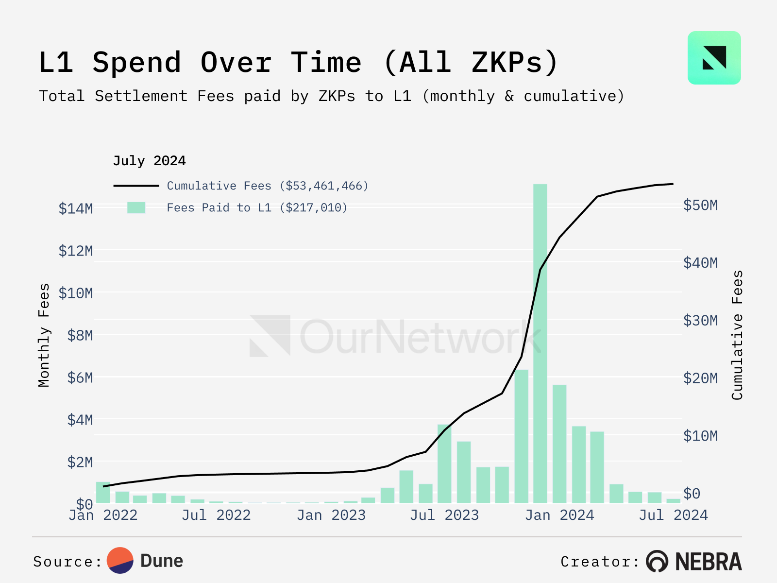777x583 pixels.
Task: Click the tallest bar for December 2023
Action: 540,340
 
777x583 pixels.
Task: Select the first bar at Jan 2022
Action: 103,492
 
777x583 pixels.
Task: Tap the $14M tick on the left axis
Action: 76,208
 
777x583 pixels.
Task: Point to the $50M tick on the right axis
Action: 700,205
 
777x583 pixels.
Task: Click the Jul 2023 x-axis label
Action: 444,515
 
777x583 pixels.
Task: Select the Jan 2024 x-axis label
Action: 559,515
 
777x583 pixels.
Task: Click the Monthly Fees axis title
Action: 44,335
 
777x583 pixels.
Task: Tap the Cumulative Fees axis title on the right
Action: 737,335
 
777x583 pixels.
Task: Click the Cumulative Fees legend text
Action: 268,186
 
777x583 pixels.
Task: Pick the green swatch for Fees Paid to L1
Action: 136,208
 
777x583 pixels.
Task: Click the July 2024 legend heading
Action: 149,161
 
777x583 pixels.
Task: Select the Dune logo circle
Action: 120,561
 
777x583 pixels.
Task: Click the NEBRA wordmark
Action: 708,562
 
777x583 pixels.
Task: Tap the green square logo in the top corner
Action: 714,58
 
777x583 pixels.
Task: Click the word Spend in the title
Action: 137,63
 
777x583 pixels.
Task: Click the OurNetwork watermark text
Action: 420,337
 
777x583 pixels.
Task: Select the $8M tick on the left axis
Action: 80,335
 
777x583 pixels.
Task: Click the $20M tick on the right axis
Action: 700,378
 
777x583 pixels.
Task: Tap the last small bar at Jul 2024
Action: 673,500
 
